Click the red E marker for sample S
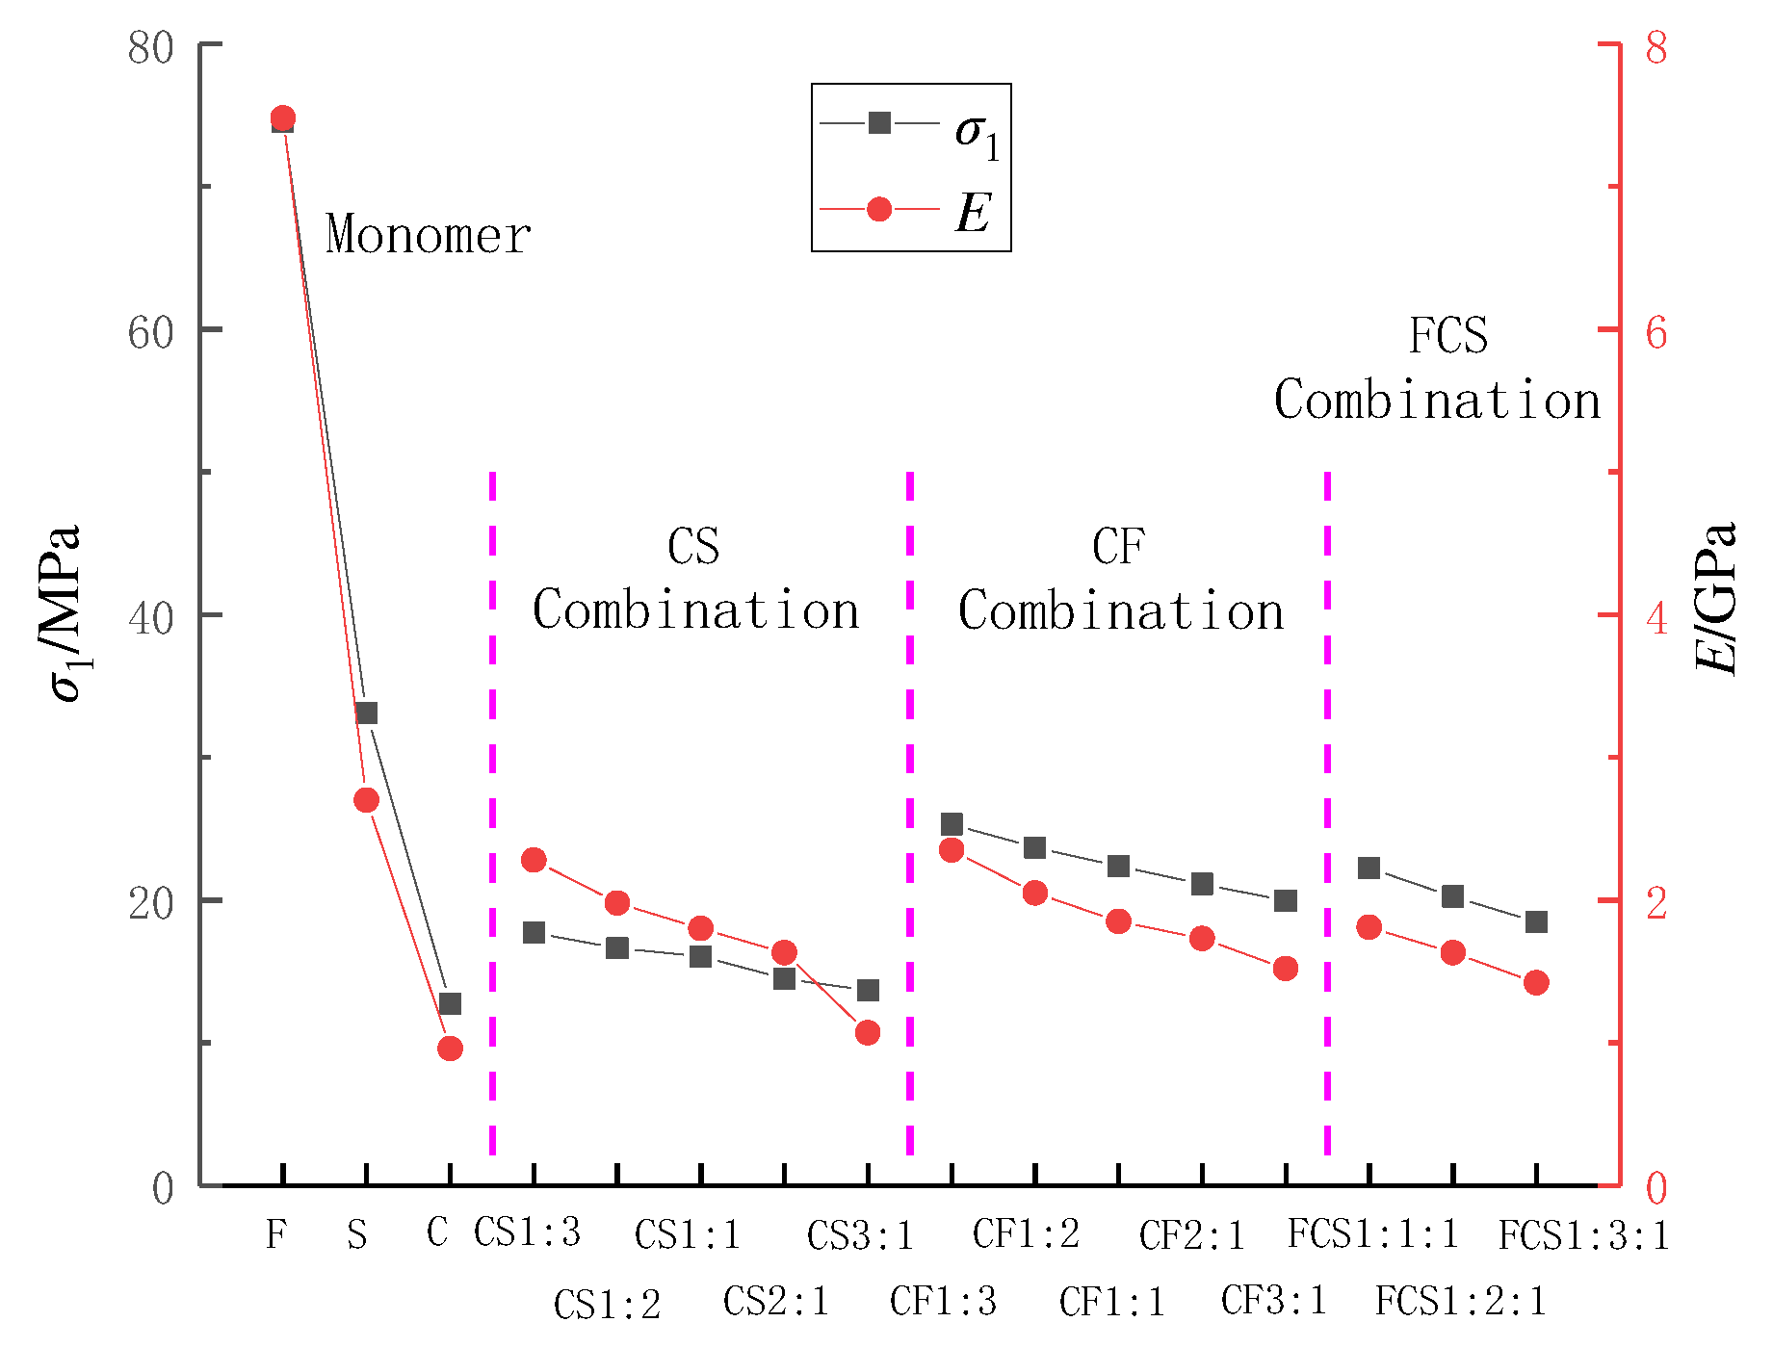click(x=366, y=800)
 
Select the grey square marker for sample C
click(x=450, y=1004)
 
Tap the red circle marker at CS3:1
click(x=868, y=1032)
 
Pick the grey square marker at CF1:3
click(x=952, y=824)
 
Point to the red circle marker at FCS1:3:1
click(x=1536, y=983)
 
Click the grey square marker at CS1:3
click(x=534, y=933)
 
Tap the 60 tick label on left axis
click(x=150, y=332)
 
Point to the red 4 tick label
click(x=1656, y=617)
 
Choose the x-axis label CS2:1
click(x=776, y=1302)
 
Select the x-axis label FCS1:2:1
click(x=1460, y=1302)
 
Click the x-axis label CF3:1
click(x=1273, y=1302)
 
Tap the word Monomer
click(x=429, y=236)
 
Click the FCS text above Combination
click(x=1447, y=336)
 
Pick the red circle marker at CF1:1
click(x=1118, y=921)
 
